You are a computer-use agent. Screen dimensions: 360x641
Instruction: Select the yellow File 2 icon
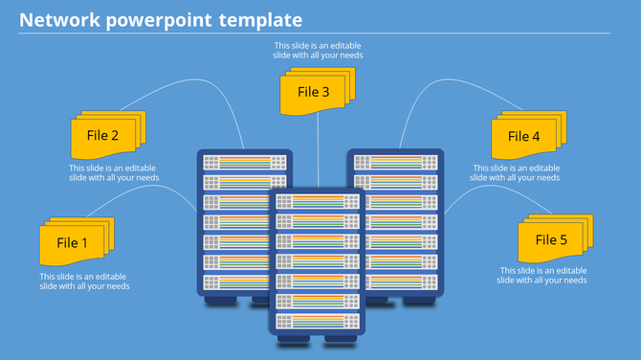104,135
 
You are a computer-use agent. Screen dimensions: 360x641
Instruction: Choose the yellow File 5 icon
553,239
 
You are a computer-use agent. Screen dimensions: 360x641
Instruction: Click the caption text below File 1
84,281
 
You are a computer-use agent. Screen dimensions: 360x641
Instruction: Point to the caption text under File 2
114,172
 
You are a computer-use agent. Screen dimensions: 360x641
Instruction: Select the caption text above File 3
318,50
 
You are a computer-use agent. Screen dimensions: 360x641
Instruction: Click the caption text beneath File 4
517,172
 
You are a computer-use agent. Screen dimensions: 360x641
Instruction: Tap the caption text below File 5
542,276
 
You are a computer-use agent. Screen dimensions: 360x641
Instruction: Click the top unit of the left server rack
244,163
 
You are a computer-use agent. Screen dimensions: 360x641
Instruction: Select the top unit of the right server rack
395,163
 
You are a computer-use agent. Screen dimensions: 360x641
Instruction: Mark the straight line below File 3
318,153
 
